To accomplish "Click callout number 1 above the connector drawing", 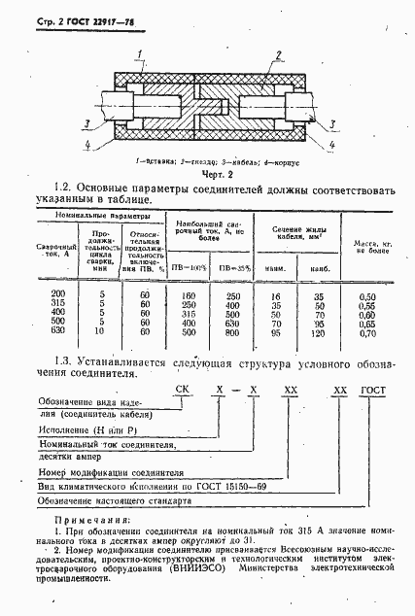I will (x=142, y=53).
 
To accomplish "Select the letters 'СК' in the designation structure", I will (x=209, y=389).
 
